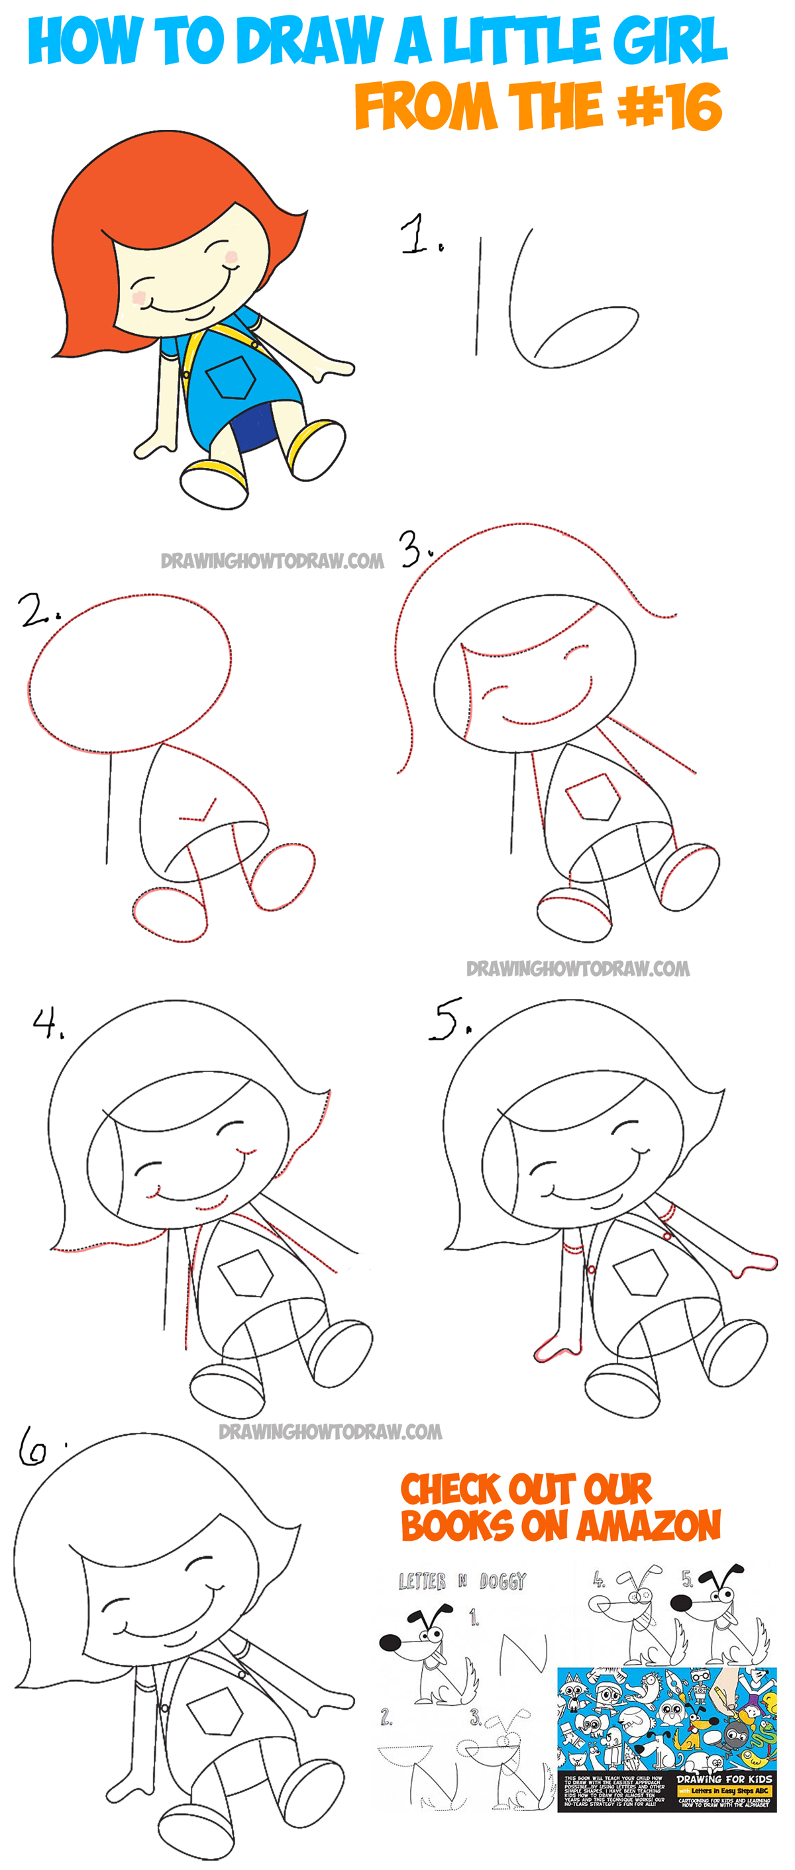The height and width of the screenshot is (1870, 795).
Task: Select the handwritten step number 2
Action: (x=36, y=610)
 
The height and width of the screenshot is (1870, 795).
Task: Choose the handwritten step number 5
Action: (x=447, y=1018)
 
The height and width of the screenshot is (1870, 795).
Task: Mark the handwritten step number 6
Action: (x=33, y=1446)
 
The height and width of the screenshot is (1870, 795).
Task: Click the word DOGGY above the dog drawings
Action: (x=502, y=1581)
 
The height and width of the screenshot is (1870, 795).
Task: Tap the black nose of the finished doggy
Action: (x=390, y=1642)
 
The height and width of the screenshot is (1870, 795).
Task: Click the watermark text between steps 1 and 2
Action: (x=272, y=560)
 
